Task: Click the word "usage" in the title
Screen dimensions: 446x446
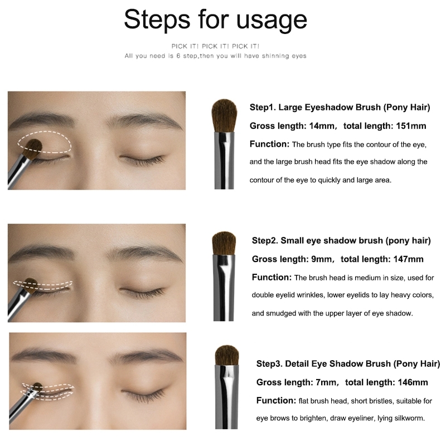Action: (x=272, y=20)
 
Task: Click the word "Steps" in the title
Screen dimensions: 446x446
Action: (x=157, y=19)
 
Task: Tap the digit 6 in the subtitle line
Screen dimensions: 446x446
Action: (x=178, y=56)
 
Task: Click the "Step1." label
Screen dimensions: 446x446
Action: (x=263, y=108)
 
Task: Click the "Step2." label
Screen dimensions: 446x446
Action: (x=265, y=241)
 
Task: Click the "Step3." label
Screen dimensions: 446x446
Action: (x=270, y=364)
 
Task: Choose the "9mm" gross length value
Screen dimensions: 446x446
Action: (x=322, y=259)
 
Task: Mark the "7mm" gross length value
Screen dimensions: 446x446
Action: (x=326, y=382)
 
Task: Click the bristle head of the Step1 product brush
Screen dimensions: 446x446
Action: (x=224, y=115)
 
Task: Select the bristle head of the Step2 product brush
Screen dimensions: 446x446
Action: (x=224, y=243)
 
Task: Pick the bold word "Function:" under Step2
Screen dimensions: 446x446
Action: (x=272, y=277)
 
